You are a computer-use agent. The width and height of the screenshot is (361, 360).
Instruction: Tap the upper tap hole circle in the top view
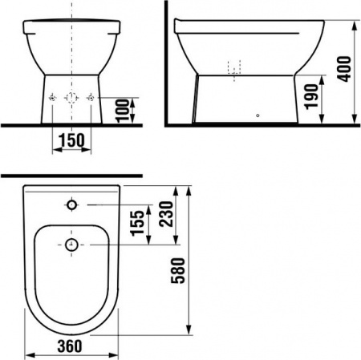point(71,206)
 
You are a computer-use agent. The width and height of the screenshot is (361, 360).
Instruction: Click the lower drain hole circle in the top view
point(71,244)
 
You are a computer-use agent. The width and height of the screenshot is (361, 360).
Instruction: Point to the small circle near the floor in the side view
point(257,115)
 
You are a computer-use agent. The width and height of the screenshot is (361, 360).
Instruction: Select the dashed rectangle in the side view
point(234,69)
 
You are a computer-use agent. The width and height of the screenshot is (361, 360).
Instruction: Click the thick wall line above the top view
point(71,175)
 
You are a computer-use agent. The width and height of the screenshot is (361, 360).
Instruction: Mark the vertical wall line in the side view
point(165,64)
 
